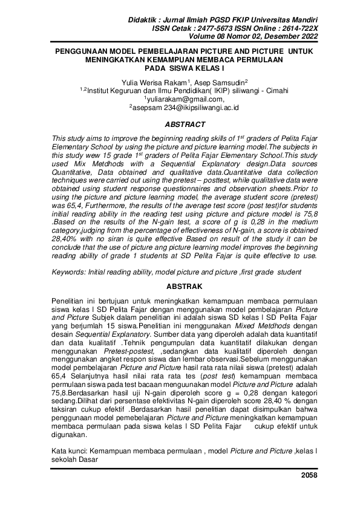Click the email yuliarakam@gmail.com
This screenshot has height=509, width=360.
(x=184, y=99)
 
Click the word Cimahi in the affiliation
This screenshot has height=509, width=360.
(x=275, y=91)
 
